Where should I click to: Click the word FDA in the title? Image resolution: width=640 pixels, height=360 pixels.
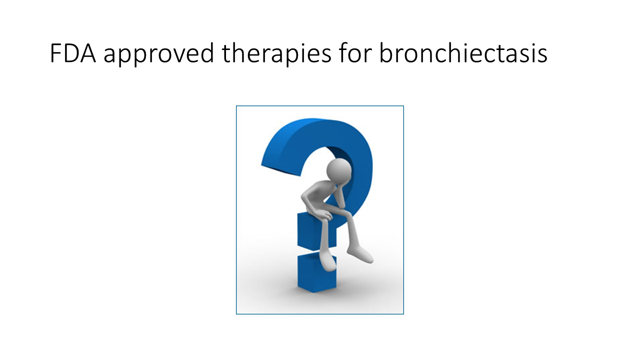coord(73,53)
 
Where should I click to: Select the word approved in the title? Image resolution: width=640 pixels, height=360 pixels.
coord(159,54)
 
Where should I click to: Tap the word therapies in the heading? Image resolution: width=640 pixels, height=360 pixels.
coord(276,54)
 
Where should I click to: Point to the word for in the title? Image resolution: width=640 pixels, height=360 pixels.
coord(355,52)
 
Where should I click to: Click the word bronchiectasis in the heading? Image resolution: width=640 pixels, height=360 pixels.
coord(463,52)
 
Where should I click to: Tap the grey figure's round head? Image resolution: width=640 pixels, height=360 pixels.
coord(339,169)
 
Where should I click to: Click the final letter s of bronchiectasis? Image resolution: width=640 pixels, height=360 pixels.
coord(541,55)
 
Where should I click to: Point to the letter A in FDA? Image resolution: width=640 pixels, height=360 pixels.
coord(87,53)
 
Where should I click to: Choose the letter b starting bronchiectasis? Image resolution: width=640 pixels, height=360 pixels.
coord(385,52)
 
